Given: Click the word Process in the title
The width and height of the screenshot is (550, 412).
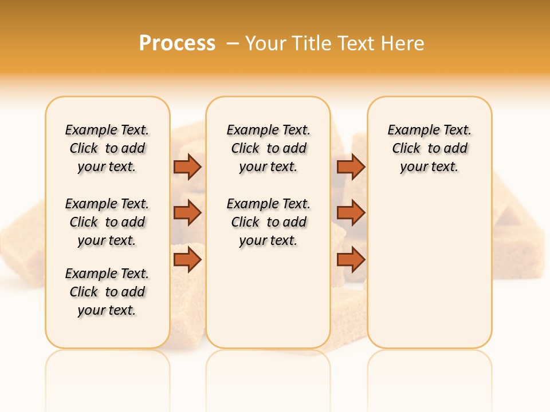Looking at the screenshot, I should [x=177, y=43].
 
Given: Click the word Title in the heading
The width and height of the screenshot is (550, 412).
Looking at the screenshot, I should [x=313, y=43].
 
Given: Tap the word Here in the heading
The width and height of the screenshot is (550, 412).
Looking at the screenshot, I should [x=403, y=43].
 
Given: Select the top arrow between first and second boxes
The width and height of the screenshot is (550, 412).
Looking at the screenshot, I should [x=187, y=167].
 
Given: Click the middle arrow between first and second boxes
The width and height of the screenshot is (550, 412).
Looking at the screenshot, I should [x=187, y=213].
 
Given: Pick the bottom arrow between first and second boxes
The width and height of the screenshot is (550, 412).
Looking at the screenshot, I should [x=187, y=260].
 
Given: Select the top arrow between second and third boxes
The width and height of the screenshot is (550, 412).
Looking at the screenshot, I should [x=351, y=167].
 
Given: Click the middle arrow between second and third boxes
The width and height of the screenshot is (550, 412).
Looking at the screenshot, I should [x=351, y=213].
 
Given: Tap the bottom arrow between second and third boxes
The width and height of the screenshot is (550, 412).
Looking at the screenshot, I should [x=351, y=260].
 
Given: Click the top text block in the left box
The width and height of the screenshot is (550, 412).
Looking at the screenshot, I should [x=107, y=148].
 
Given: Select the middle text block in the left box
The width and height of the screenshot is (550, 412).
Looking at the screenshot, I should [x=107, y=222].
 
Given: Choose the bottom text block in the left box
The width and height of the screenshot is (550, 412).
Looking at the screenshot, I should [x=107, y=292].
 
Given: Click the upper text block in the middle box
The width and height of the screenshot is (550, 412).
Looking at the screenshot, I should [x=268, y=148].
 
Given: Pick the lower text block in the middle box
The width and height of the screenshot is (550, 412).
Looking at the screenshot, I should [x=268, y=222].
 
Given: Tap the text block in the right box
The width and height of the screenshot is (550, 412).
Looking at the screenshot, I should [x=429, y=148].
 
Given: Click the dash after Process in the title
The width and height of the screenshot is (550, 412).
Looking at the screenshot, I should [x=233, y=43].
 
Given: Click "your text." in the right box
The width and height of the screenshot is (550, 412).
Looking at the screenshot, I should [x=429, y=167].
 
